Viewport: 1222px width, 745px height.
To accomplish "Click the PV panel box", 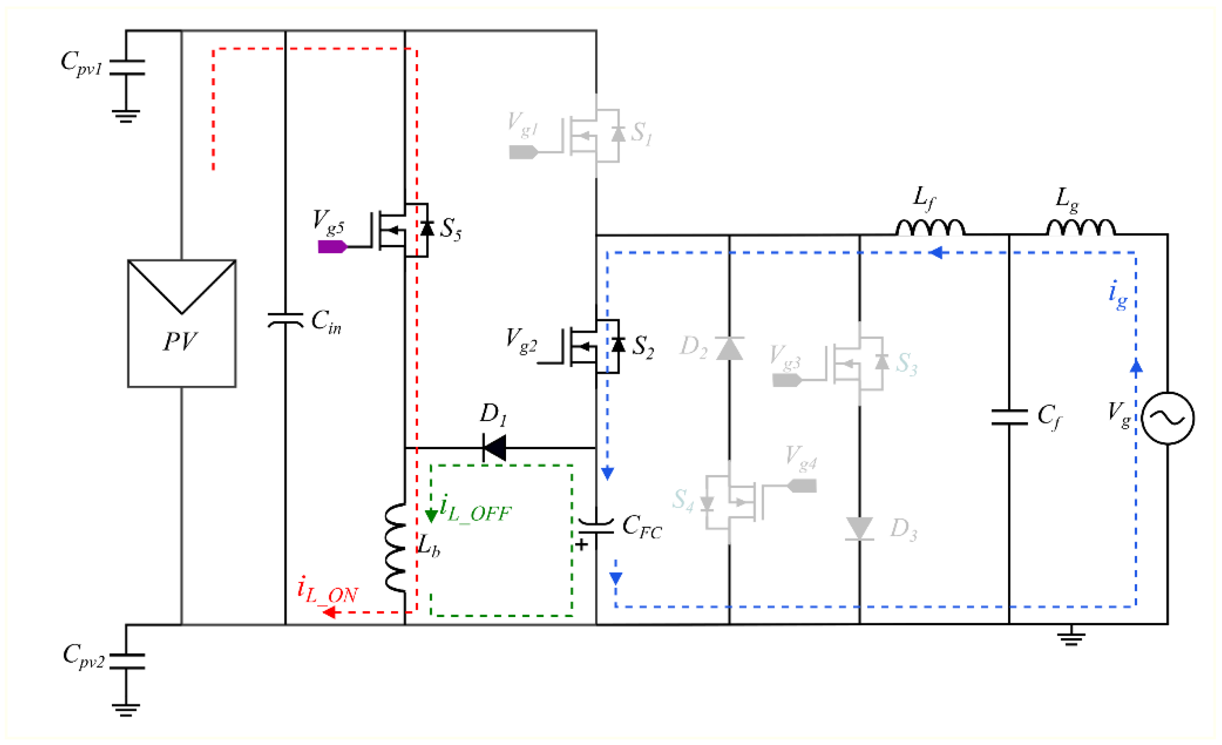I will point(182,323).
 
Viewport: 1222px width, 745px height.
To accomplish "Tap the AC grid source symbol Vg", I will point(1167,418).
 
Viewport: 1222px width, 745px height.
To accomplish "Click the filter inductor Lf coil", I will point(930,228).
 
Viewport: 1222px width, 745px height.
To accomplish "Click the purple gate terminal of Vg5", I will point(332,246).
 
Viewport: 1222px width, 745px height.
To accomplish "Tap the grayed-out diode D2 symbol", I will point(729,348).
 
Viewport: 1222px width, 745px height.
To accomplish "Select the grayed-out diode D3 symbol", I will point(859,528).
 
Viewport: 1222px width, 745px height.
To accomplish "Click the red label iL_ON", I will point(327,591).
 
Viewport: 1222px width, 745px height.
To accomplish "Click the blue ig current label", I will point(1118,295).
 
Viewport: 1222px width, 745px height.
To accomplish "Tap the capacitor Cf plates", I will point(1009,417).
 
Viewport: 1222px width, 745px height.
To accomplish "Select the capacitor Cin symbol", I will point(285,320).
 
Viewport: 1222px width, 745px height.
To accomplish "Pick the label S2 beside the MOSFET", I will point(643,346).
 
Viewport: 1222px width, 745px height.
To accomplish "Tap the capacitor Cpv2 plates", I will point(127,661).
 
